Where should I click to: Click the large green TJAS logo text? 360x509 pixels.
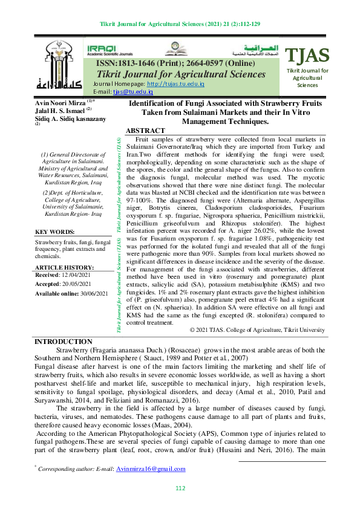pyautogui.click(x=308, y=56)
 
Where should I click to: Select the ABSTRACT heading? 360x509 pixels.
pyautogui.click(x=145, y=131)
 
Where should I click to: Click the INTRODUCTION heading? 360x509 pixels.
pyautogui.click(x=64, y=342)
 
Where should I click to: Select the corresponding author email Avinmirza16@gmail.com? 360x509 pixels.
pyautogui.click(x=151, y=468)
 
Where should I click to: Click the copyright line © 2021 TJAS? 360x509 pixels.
pyautogui.click(x=257, y=330)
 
